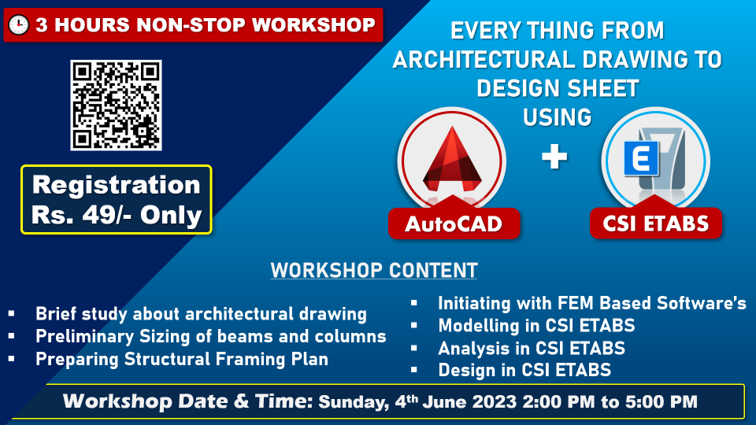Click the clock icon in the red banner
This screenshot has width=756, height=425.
click(x=19, y=25)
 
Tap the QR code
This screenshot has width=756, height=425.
click(x=117, y=105)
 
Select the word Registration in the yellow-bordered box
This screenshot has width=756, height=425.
click(x=117, y=185)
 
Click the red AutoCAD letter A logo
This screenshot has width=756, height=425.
click(x=452, y=160)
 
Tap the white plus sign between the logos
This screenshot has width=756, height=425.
click(x=554, y=157)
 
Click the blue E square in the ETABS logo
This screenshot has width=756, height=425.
click(x=641, y=158)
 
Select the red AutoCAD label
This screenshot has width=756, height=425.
click(x=454, y=224)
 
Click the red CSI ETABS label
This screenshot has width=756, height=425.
click(x=656, y=223)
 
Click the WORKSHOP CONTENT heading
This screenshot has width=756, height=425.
click(x=374, y=270)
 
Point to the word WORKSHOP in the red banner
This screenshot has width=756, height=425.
click(x=313, y=25)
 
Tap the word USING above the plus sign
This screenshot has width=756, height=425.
click(x=558, y=117)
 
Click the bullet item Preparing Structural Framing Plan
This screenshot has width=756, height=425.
click(x=182, y=359)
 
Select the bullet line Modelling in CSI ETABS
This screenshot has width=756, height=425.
click(x=536, y=325)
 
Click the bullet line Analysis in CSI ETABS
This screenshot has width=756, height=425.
click(x=532, y=348)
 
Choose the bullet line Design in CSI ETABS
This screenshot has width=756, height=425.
click(x=524, y=370)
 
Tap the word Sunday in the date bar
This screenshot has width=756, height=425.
click(x=353, y=402)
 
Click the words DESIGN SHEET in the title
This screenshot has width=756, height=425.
click(x=558, y=88)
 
